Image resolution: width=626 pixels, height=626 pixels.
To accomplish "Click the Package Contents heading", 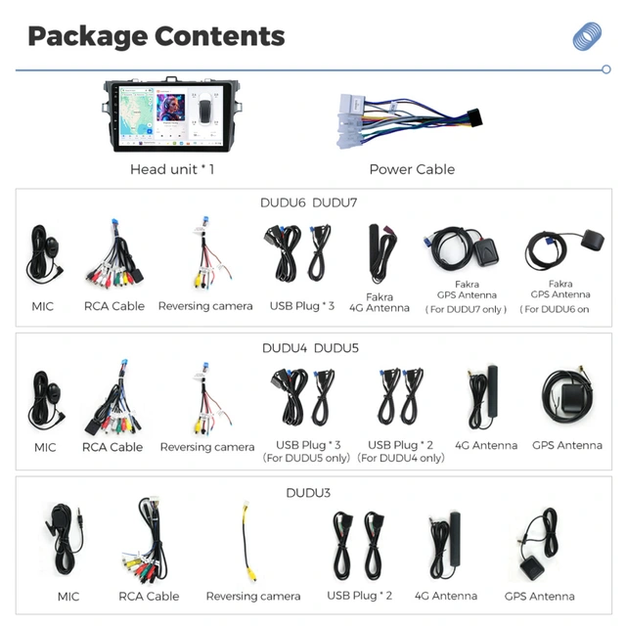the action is [156, 37].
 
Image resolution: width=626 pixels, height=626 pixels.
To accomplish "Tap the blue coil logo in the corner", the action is [587, 36].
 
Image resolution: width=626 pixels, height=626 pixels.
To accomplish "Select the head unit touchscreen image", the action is [172, 115].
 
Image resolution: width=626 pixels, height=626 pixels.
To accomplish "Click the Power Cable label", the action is [412, 169].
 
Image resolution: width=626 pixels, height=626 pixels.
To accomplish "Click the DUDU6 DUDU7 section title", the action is [309, 202].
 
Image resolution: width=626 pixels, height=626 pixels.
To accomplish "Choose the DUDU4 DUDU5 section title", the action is [310, 348].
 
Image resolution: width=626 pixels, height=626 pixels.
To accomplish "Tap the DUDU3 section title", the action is [308, 493].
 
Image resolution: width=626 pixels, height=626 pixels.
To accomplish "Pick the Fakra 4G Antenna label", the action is [380, 302].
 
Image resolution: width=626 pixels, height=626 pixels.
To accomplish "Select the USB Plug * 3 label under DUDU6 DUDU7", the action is [302, 306].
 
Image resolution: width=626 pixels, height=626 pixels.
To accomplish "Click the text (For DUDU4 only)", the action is [401, 458].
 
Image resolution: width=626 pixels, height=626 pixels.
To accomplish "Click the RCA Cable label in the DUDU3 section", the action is [149, 597].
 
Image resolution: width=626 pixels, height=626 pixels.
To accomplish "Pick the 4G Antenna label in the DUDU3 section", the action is [446, 596].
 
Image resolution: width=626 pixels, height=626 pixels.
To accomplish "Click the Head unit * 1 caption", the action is [172, 169].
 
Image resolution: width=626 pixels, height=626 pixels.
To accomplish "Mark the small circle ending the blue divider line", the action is [606, 69].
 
